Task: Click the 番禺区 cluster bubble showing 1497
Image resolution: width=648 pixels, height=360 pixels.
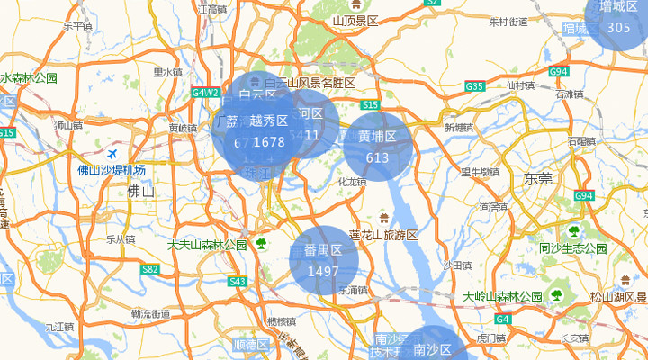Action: (x=323, y=260)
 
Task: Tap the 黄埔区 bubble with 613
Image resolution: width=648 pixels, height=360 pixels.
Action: (x=377, y=146)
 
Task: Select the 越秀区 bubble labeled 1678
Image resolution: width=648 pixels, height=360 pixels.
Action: (x=268, y=131)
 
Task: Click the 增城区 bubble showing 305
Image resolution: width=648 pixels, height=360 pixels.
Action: (x=618, y=18)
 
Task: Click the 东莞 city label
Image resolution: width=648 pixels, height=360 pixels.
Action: (x=538, y=179)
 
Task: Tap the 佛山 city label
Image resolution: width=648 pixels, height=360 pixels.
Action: (x=141, y=191)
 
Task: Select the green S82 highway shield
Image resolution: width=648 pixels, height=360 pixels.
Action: (x=150, y=269)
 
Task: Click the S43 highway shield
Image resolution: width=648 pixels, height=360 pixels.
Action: (x=238, y=282)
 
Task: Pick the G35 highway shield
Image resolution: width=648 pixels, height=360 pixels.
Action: (x=475, y=86)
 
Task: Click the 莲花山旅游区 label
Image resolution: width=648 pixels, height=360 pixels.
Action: (x=384, y=235)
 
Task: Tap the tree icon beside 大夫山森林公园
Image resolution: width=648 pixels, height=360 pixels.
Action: (x=261, y=244)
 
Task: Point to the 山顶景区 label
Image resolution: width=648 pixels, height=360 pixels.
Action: (x=355, y=21)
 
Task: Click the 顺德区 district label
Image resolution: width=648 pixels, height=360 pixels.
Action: (x=250, y=345)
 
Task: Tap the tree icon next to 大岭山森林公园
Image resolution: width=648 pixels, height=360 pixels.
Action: (x=558, y=295)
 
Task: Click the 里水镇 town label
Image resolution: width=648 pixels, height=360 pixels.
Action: (x=167, y=73)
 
